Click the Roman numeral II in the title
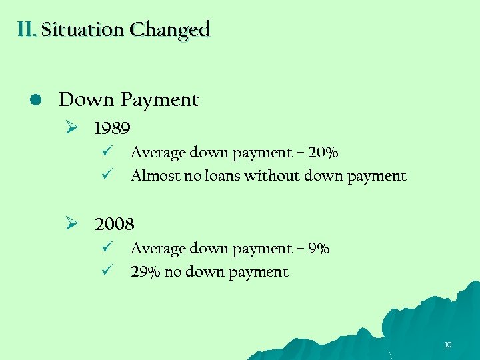click(x=27, y=29)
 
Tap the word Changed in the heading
click(x=170, y=30)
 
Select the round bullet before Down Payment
click(x=37, y=99)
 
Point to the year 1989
click(x=112, y=127)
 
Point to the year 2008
click(x=115, y=223)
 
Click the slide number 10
click(x=447, y=345)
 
